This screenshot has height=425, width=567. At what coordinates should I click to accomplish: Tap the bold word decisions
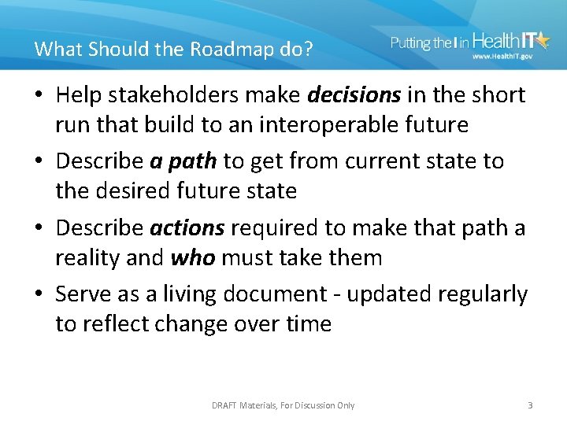click(354, 95)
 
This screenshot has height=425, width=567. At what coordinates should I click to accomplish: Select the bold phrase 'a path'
click(183, 161)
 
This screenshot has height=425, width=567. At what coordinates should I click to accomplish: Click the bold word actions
click(187, 227)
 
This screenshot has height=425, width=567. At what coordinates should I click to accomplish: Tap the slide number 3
click(530, 405)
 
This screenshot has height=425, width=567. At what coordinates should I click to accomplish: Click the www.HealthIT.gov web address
click(502, 57)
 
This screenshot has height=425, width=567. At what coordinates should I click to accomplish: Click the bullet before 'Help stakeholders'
click(40, 96)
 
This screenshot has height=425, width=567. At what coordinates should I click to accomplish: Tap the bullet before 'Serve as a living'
click(40, 294)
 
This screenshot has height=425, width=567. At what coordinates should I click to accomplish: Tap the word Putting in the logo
click(410, 42)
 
